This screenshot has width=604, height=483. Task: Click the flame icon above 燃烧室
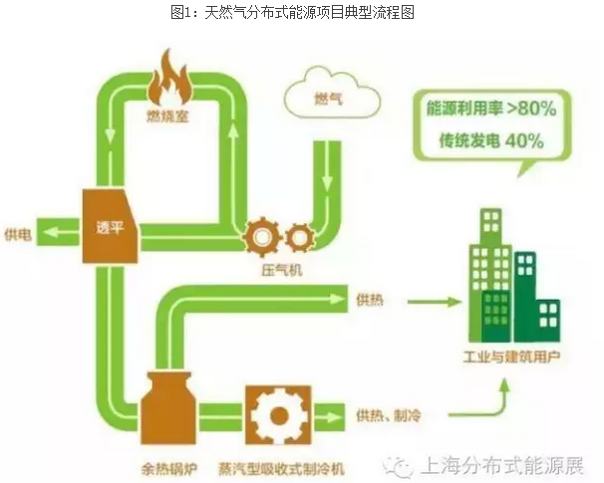[168, 79]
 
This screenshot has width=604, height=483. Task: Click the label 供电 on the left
[20, 233]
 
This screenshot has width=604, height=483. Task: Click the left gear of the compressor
[262, 236]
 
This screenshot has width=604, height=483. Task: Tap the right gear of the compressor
[298, 236]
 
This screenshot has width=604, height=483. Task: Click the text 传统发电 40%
[490, 140]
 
